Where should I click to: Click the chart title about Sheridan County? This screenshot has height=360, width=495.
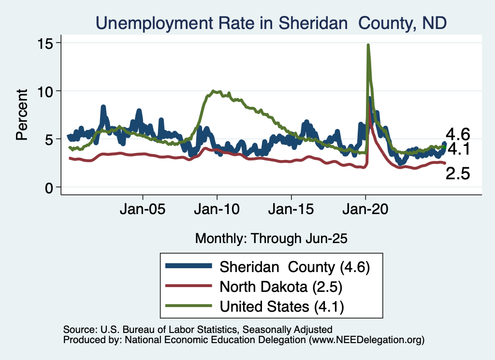pyautogui.click(x=271, y=23)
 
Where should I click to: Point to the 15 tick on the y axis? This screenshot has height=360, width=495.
pyautogui.click(x=46, y=43)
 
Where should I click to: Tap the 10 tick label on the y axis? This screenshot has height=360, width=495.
pyautogui.click(x=46, y=91)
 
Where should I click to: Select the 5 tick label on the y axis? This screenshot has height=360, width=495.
pyautogui.click(x=50, y=139)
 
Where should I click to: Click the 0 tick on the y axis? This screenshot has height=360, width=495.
pyautogui.click(x=50, y=187)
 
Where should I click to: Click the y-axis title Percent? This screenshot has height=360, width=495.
pyautogui.click(x=22, y=115)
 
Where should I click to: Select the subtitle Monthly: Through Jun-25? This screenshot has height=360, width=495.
pyautogui.click(x=271, y=238)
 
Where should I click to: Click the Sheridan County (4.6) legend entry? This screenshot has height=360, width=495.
pyautogui.click(x=295, y=267)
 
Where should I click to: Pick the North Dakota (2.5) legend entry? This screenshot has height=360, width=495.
pyautogui.click(x=281, y=287)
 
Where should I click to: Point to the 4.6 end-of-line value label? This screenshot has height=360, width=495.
pyautogui.click(x=458, y=134)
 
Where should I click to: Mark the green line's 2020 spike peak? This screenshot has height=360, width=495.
pyautogui.click(x=368, y=45)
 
